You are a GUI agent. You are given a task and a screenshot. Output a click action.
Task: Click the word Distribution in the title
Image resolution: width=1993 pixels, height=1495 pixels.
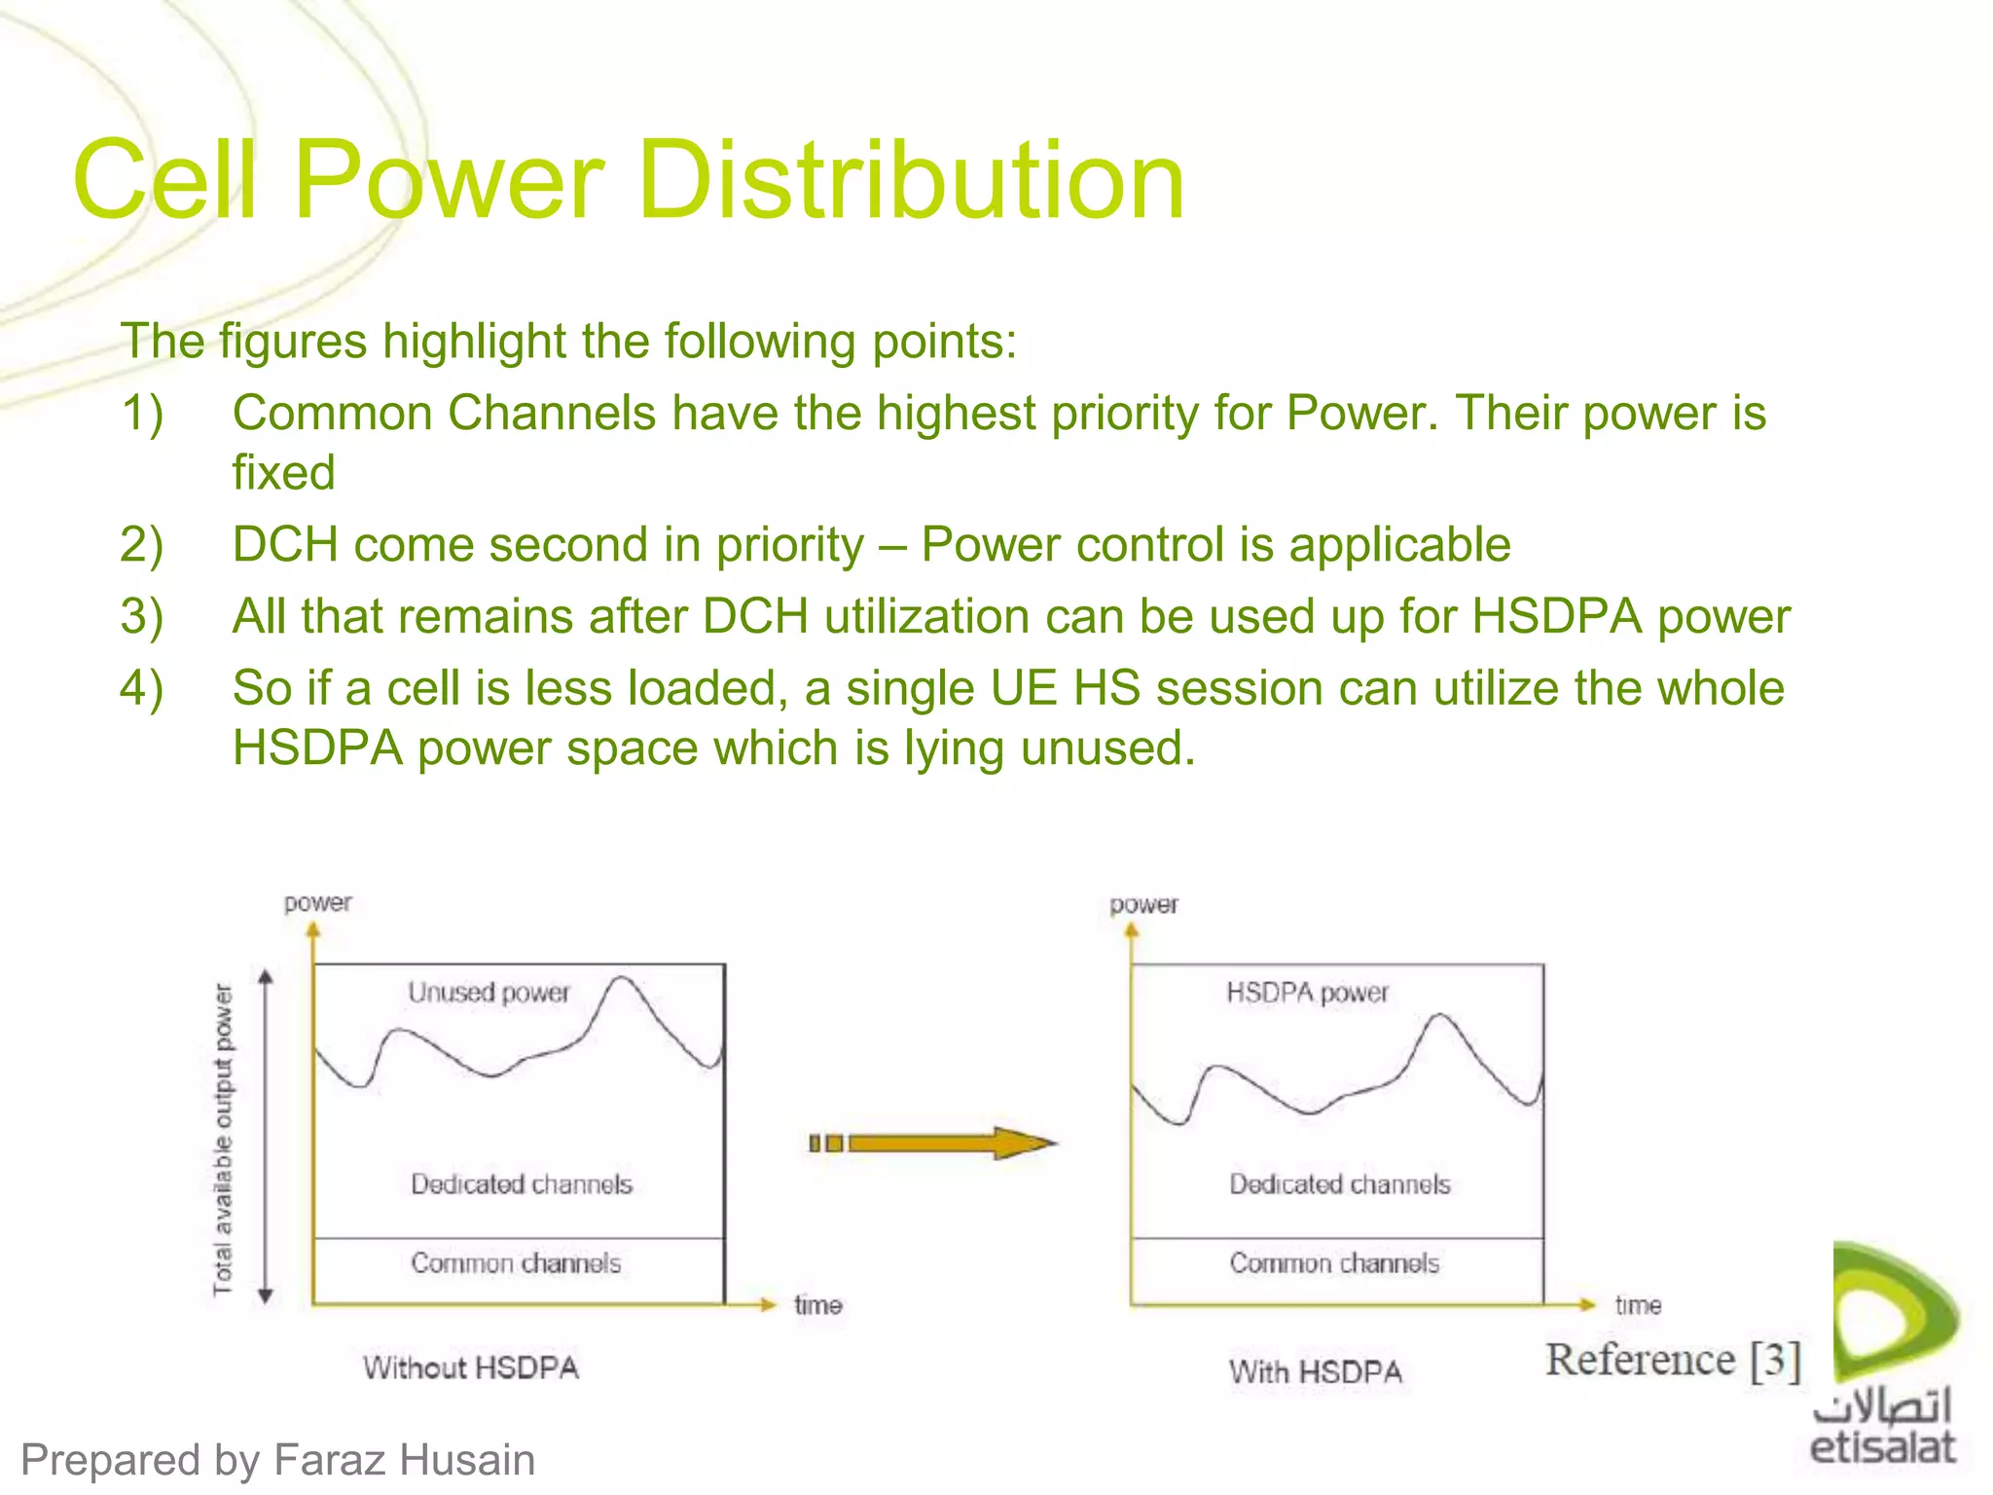click(911, 180)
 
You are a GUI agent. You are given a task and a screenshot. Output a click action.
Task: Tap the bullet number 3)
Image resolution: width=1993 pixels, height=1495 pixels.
click(142, 616)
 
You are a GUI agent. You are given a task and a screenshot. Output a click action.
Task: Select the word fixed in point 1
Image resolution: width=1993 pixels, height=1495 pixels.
click(283, 473)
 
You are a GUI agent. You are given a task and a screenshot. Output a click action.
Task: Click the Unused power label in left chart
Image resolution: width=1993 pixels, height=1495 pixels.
click(489, 992)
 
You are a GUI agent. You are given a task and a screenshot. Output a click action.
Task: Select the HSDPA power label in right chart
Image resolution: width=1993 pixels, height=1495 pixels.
click(1307, 992)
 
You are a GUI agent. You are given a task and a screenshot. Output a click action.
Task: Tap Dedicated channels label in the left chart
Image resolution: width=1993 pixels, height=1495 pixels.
click(522, 1184)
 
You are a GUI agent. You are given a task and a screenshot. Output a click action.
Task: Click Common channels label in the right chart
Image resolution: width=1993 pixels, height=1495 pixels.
click(1334, 1262)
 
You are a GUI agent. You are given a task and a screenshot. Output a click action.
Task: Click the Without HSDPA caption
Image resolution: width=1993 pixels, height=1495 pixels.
click(471, 1367)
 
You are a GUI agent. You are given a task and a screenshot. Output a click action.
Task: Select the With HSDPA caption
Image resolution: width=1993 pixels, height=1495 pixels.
click(1315, 1371)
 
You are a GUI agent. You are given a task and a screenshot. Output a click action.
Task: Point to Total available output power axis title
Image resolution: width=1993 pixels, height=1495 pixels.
click(224, 1139)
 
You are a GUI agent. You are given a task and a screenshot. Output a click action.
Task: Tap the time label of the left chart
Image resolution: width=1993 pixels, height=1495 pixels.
click(817, 1304)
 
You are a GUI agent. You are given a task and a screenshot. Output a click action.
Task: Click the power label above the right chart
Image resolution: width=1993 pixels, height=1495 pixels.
click(1143, 904)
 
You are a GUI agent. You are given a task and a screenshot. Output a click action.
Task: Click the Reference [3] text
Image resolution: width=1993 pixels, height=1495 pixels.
click(1673, 1360)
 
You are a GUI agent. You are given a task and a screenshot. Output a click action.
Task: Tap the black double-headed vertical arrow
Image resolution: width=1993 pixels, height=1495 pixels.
click(266, 1135)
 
